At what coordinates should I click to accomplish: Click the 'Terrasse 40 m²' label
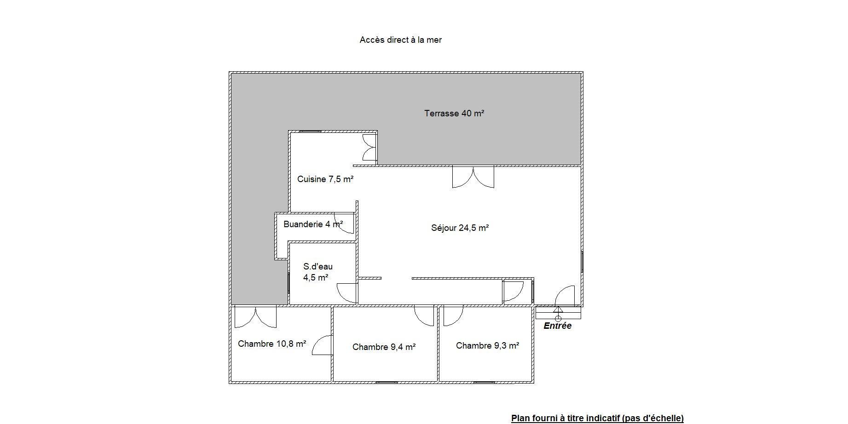coord(454,113)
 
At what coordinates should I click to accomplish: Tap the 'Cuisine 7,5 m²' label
coord(325,179)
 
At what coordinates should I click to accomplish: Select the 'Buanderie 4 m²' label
coord(313,224)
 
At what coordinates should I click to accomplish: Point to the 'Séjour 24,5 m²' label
coord(460,228)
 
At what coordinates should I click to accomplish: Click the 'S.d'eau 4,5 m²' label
coord(317,272)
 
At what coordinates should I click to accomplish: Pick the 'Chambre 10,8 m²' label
coord(272,344)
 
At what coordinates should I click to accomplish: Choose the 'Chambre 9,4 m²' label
coord(384,347)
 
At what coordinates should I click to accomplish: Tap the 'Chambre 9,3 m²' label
coord(488,345)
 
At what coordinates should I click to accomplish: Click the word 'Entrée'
coord(558,326)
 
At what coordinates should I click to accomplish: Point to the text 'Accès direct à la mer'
coord(401,40)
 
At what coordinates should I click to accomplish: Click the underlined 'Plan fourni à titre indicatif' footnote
coord(597,418)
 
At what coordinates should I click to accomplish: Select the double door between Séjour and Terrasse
coord(473,177)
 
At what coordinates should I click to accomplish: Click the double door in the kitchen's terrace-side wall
coord(369,147)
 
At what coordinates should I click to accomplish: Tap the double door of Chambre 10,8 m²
coord(255,317)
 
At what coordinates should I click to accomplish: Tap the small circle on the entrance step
coord(558,318)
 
